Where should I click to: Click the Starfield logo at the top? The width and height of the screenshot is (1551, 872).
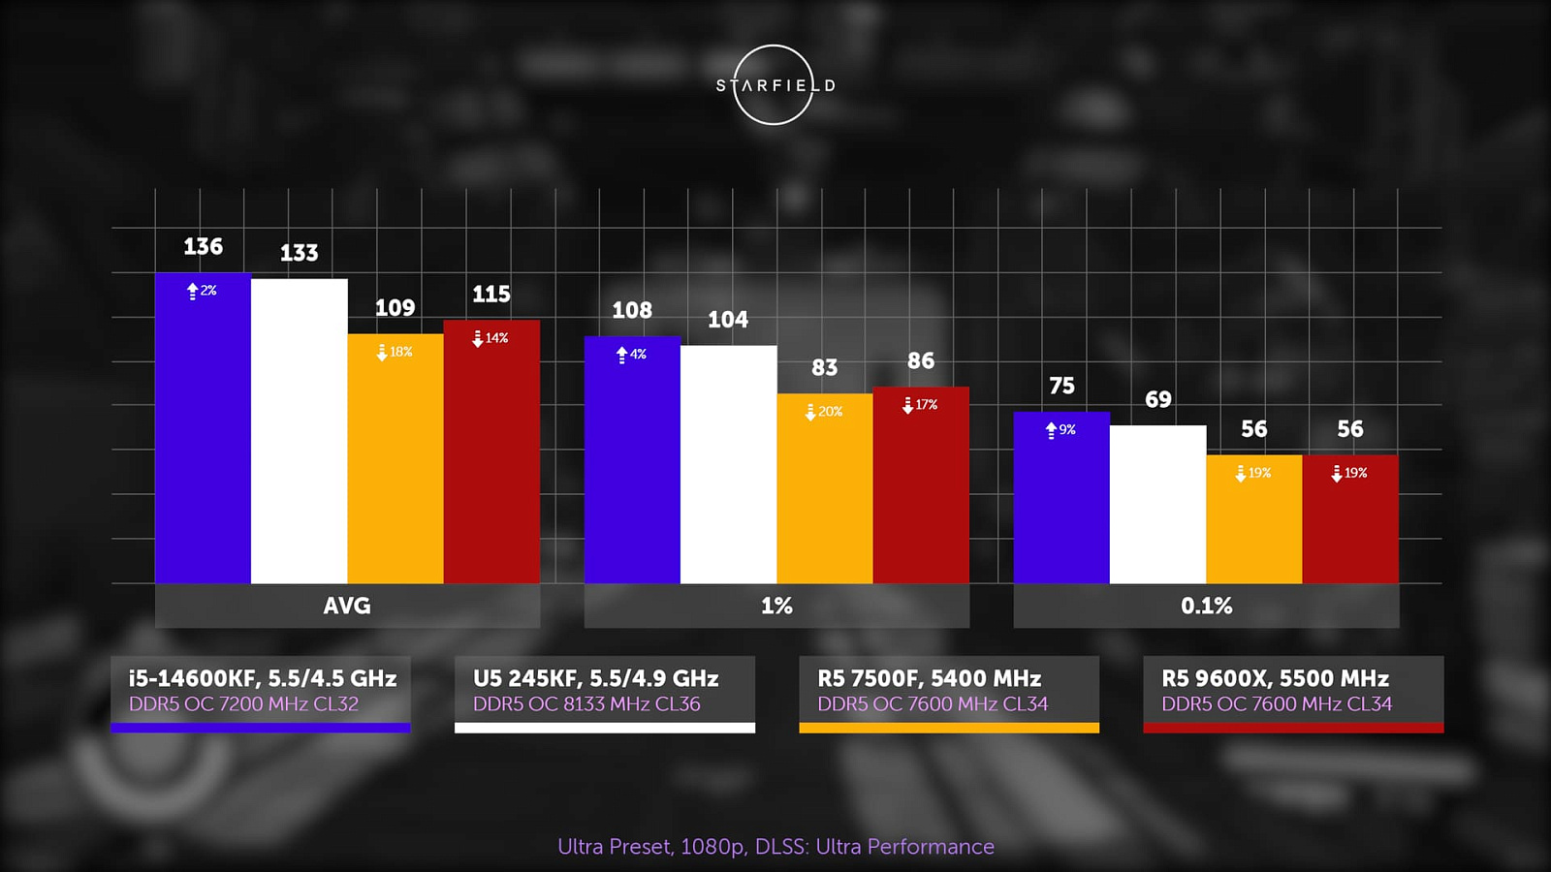774,85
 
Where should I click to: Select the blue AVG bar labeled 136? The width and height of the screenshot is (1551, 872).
203,436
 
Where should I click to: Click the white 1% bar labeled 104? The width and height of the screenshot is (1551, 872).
728,465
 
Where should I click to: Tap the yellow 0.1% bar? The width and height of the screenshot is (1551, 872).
1253,523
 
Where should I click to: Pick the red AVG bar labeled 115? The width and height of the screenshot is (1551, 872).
491,455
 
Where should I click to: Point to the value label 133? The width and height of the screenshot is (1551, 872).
299,253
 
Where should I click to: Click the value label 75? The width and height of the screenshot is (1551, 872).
1061,386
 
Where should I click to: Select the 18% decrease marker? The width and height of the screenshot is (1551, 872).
395,352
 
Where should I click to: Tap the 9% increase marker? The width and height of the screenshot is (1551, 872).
1060,429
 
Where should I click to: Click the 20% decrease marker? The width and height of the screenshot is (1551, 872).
824,412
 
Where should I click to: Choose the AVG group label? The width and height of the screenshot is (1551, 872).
347,606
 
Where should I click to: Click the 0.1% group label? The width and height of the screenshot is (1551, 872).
1206,606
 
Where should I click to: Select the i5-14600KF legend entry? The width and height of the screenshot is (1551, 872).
261,691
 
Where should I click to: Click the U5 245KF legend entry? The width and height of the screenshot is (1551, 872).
604,691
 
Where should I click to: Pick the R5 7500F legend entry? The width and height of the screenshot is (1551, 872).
948,691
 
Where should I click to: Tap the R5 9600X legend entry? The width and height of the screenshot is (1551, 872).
1293,691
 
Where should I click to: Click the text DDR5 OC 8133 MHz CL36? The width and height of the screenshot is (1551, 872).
586,704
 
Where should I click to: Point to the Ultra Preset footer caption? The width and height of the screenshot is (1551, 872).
775,847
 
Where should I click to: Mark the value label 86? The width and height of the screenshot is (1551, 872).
921,361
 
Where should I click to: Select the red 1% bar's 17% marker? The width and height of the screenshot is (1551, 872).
920,405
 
